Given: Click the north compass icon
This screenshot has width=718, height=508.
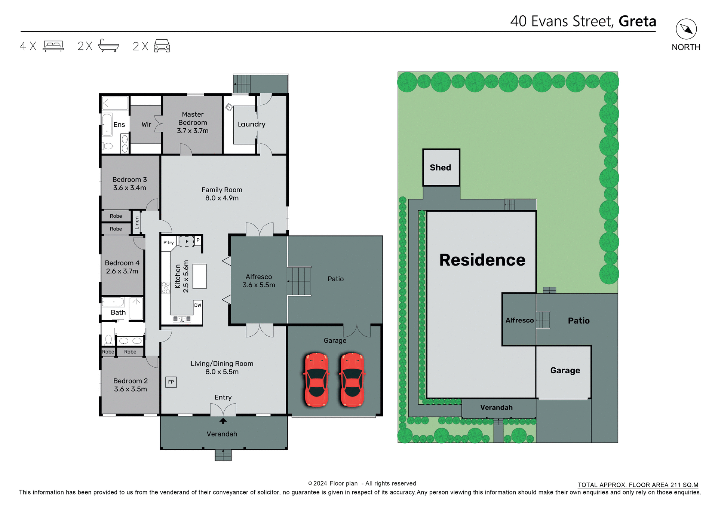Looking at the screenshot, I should (x=686, y=29).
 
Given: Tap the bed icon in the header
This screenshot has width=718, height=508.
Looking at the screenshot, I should (x=53, y=46).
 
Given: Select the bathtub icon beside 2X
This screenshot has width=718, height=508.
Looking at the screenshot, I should (x=108, y=46).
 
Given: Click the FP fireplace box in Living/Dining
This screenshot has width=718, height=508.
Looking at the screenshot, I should (x=171, y=382).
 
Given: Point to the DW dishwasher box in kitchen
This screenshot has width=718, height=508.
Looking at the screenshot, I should (x=198, y=305).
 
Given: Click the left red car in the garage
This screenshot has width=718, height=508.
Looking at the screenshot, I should (x=316, y=379).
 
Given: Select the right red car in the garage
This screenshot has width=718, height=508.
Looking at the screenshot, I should (x=352, y=379).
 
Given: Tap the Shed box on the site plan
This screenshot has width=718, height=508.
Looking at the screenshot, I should (x=441, y=168).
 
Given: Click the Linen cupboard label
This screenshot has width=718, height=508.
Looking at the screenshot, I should (x=137, y=223).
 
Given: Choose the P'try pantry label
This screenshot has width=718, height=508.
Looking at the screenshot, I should (x=168, y=243).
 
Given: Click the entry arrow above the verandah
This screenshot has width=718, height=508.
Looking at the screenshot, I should (x=223, y=421).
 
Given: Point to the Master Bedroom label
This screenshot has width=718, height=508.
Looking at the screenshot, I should (x=193, y=119).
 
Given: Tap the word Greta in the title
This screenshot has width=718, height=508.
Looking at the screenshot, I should (x=637, y=21).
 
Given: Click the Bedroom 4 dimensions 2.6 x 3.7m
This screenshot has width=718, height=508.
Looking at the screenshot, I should (x=122, y=271).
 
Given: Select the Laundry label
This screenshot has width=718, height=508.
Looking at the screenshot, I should (x=251, y=124).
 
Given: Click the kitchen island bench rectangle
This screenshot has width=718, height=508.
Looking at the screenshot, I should (x=199, y=276).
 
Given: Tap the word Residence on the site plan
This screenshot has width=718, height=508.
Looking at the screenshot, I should (x=482, y=260).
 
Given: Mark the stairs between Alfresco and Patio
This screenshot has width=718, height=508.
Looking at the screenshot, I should (x=299, y=281).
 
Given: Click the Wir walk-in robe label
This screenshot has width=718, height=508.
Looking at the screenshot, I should (x=146, y=125).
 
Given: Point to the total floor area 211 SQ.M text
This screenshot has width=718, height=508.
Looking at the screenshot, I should (x=638, y=485).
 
